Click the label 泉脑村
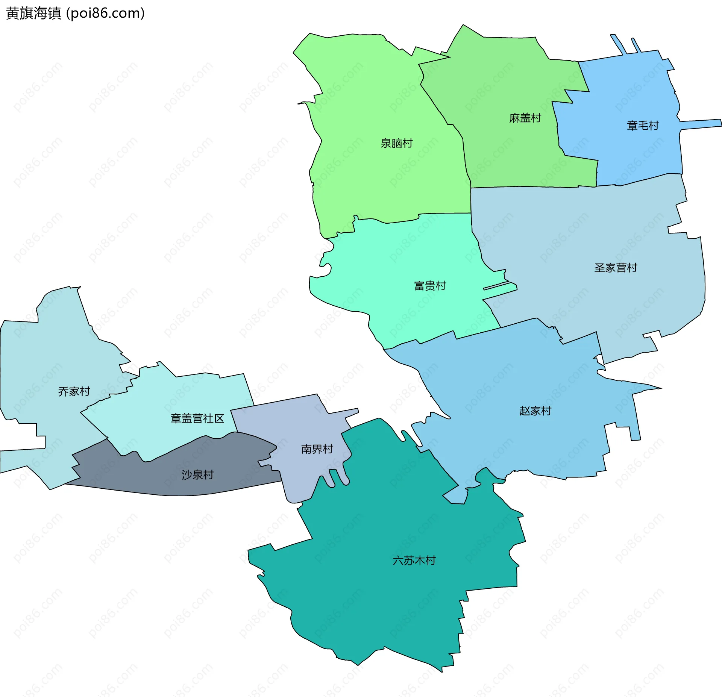[396, 143]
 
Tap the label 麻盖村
[525, 118]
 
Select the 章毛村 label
[643, 126]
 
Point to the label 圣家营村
[615, 268]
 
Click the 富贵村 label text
[430, 286]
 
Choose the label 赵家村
[535, 411]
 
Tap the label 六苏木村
[414, 561]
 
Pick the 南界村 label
[317, 449]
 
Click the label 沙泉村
[197, 475]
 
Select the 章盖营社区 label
[197, 418]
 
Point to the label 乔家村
[74, 392]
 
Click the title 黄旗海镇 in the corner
[33, 14]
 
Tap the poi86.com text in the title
[105, 14]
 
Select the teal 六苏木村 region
[376, 602]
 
